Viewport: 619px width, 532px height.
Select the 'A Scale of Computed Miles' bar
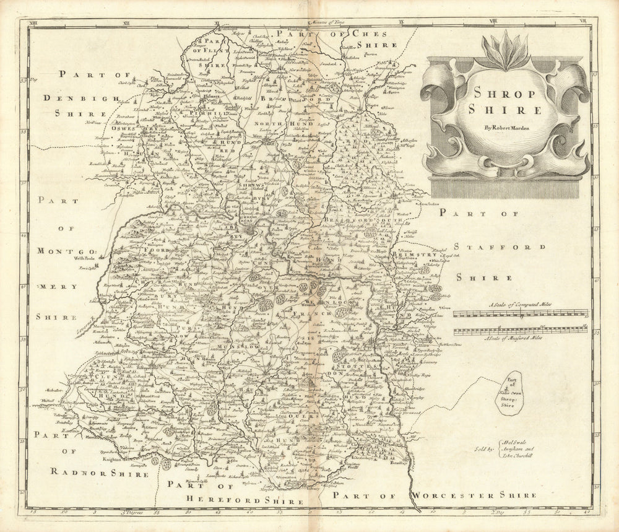pyautogui.click(x=520, y=313)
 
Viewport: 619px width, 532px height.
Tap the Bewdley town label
pyautogui.click(x=400, y=462)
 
